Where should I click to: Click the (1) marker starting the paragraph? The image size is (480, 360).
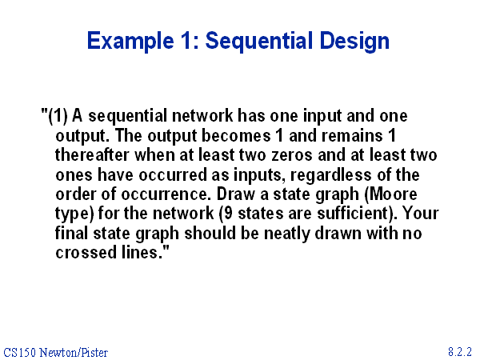click(57, 116)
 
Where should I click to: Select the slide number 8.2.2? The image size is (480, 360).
click(460, 352)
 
